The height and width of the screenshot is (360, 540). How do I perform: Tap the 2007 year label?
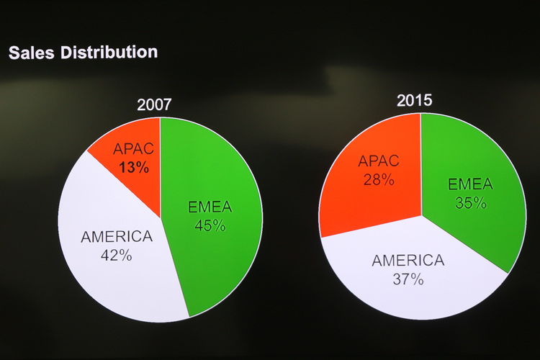click(154, 105)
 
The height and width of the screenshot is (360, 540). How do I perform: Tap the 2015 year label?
click(415, 100)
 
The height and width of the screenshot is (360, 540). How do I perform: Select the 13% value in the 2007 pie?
click(135, 168)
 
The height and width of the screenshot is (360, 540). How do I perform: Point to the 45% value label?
click(210, 225)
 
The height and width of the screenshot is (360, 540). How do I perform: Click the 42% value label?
click(116, 254)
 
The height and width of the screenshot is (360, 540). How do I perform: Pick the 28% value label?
click(378, 179)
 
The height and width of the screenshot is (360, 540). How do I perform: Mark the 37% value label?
click(408, 279)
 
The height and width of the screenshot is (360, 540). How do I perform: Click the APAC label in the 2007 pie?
click(133, 151)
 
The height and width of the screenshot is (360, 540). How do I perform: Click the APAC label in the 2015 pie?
click(378, 161)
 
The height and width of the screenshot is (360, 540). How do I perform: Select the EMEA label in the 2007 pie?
click(210, 208)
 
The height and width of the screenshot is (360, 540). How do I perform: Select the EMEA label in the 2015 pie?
click(470, 184)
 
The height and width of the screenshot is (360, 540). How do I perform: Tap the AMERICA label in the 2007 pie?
click(117, 236)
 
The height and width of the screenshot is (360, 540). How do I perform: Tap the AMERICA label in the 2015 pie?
click(408, 261)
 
